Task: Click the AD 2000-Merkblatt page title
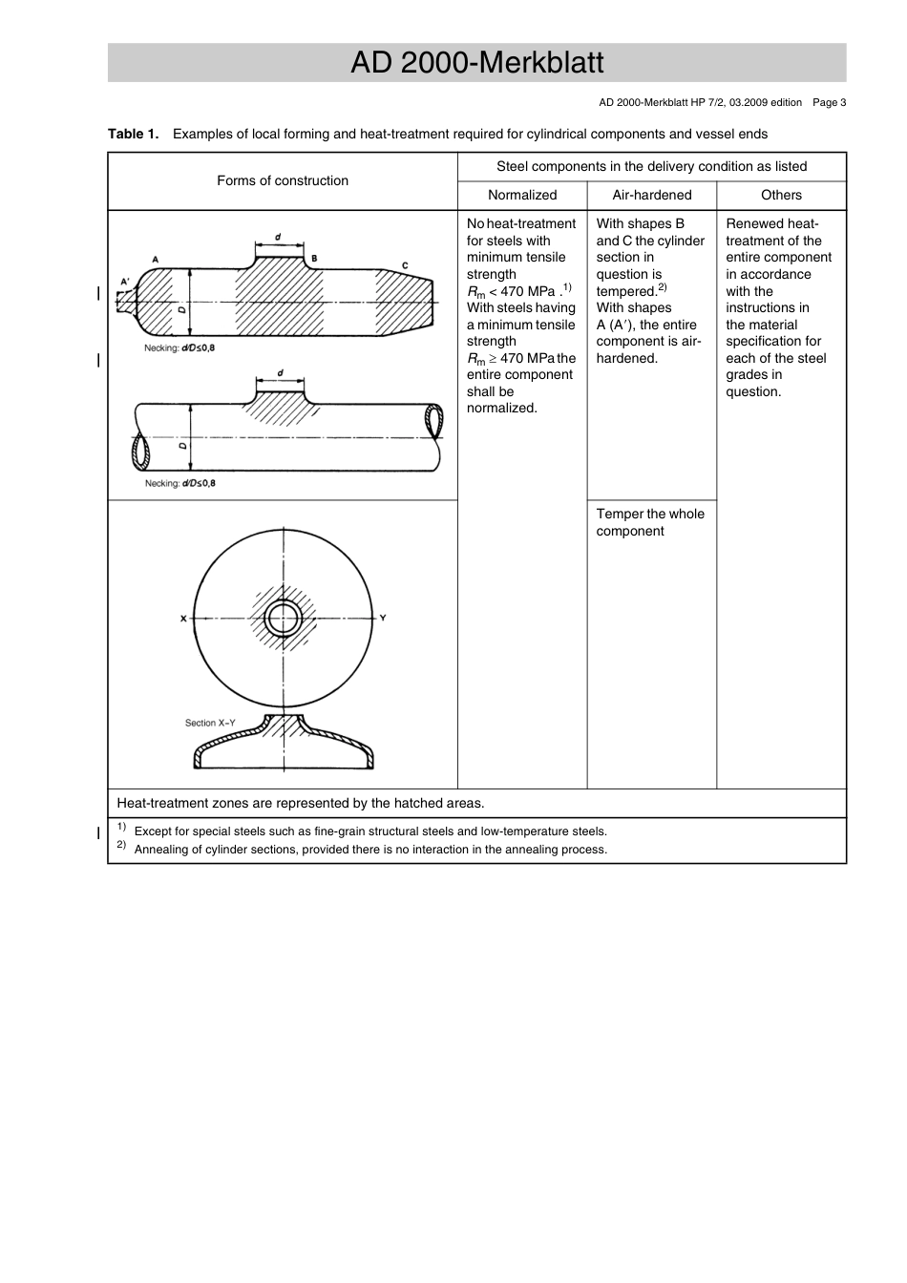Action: click(x=476, y=63)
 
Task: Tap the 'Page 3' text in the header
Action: click(x=829, y=102)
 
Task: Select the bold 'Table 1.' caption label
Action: click(x=133, y=134)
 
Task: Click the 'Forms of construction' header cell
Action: click(x=283, y=180)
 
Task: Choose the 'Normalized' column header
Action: click(x=522, y=195)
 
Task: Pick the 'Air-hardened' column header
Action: click(x=651, y=195)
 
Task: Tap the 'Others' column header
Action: click(x=781, y=195)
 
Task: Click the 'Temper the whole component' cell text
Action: click(x=650, y=522)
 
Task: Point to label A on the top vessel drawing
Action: click(x=155, y=259)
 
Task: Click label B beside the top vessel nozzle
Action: click(x=314, y=259)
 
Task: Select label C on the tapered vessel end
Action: click(x=405, y=265)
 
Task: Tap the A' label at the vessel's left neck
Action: click(x=124, y=282)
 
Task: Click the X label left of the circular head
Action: click(x=183, y=619)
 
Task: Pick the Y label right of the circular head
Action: click(x=383, y=618)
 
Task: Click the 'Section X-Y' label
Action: click(x=210, y=723)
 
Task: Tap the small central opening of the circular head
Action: click(x=284, y=619)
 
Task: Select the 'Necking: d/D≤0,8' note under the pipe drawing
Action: click(x=179, y=483)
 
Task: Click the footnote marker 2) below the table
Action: click(x=121, y=845)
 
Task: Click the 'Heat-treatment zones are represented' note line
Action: click(x=300, y=803)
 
